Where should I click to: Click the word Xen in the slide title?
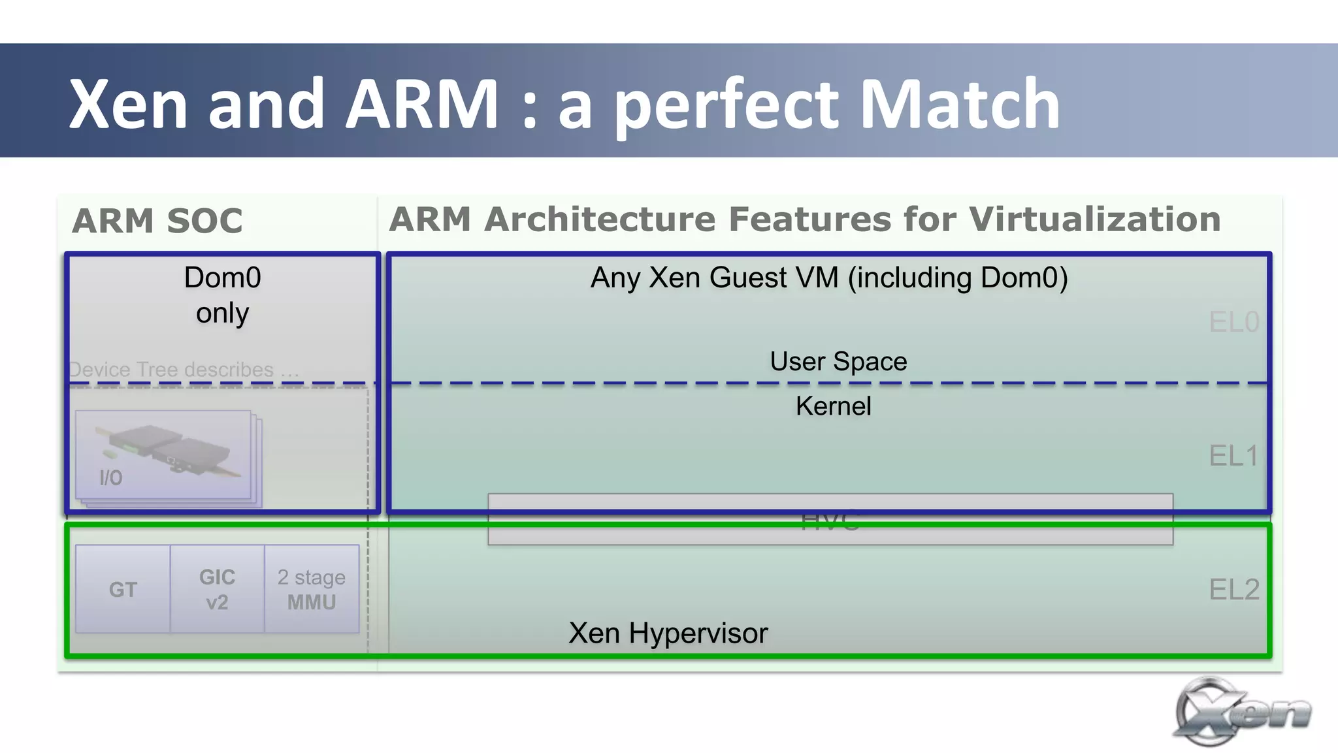(128, 104)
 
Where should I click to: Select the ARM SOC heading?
(157, 221)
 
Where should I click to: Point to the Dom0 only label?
(222, 295)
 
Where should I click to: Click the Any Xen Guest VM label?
(828, 278)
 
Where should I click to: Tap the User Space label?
(838, 362)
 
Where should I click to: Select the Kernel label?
(833, 406)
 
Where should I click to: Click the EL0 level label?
(1233, 322)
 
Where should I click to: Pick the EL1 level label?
(1233, 456)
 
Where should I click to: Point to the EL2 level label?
(1233, 590)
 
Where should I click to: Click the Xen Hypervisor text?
(668, 633)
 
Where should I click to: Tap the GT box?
(123, 590)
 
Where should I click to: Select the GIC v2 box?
(217, 590)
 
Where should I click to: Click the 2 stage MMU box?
(312, 590)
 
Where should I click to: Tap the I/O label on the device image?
(111, 478)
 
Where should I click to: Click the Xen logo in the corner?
(1241, 712)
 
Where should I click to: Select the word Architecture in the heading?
(600, 219)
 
